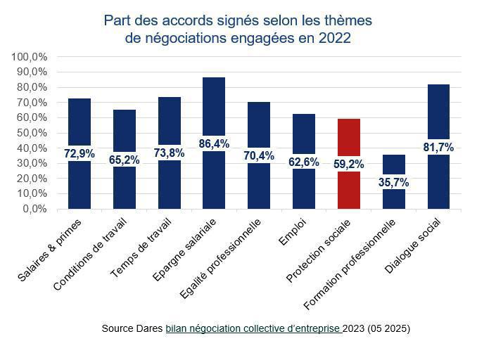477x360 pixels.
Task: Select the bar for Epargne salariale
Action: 214,112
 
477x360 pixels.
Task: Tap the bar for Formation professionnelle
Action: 394,165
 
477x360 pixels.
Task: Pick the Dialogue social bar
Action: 438,112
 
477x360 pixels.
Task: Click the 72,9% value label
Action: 79,153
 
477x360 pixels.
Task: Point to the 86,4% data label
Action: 214,143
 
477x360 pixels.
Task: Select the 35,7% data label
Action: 394,183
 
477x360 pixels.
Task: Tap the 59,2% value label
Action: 349,165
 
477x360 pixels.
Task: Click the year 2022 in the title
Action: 334,39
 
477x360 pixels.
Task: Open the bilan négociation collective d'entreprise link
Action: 254,329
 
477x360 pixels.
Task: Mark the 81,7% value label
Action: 438,148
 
